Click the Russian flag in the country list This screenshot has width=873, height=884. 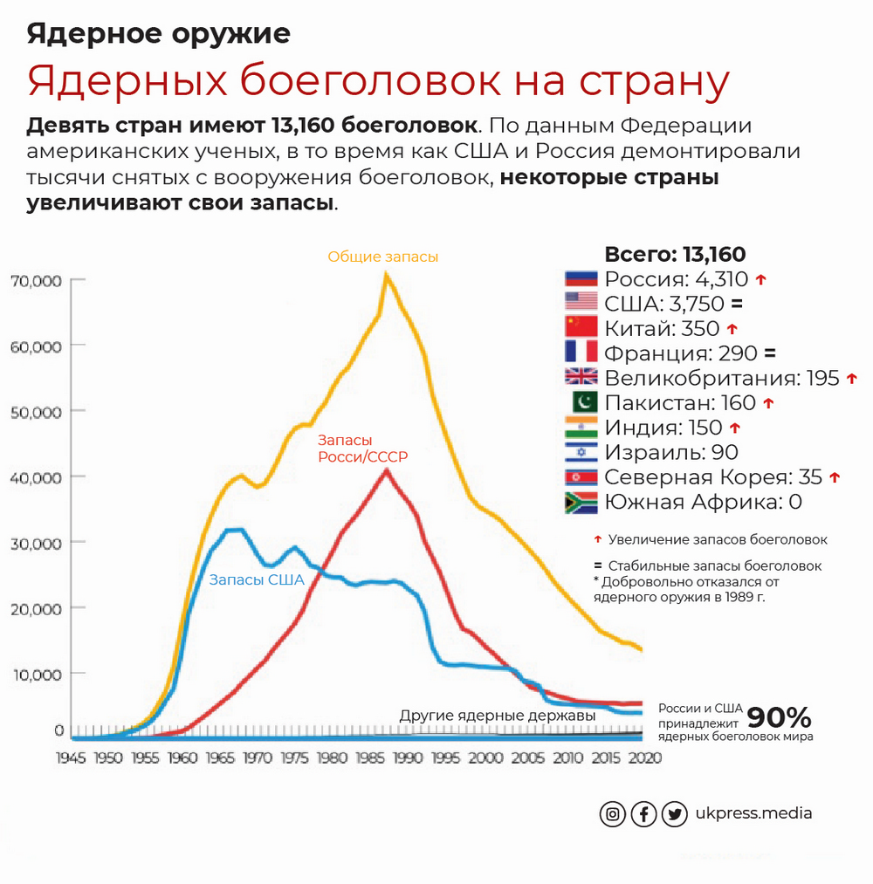(x=581, y=279)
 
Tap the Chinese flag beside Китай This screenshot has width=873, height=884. (x=581, y=327)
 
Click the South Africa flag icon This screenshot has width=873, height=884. (x=581, y=503)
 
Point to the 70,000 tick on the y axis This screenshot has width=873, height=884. (x=35, y=280)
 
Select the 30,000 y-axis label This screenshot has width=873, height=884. (x=35, y=543)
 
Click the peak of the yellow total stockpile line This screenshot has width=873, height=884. (x=385, y=275)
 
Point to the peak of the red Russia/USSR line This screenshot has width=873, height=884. (x=386, y=470)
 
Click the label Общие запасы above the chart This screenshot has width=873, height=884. (x=383, y=257)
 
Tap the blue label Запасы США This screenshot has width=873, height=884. (x=256, y=579)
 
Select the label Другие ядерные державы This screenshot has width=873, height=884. (x=498, y=716)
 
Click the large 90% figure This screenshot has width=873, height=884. (x=779, y=718)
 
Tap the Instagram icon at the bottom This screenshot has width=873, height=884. (x=613, y=814)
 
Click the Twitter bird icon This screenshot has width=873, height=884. (x=674, y=814)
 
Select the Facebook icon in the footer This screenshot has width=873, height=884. (x=643, y=814)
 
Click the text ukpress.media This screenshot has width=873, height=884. (x=753, y=813)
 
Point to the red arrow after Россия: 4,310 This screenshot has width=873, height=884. (x=760, y=279)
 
